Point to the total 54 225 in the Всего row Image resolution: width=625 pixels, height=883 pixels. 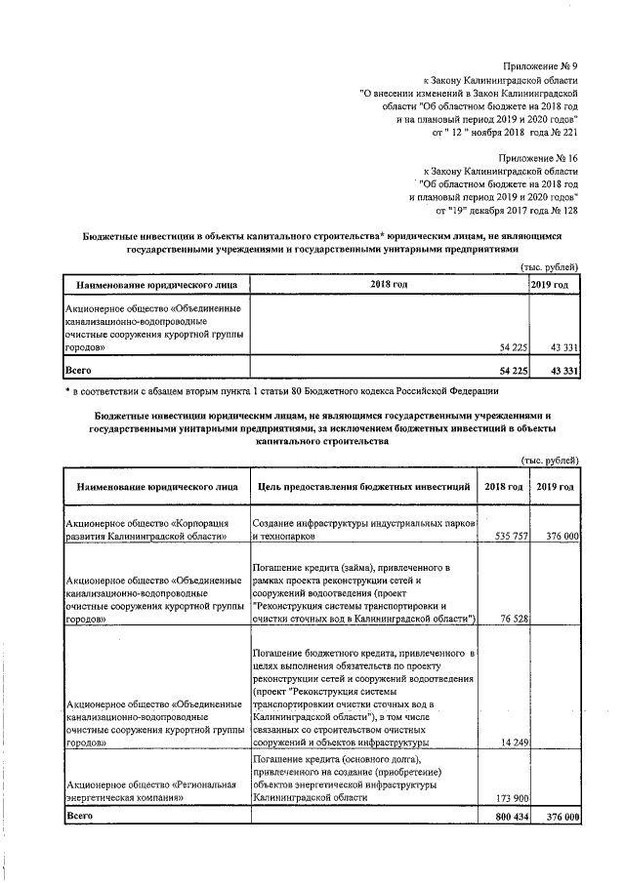pyautogui.click(x=512, y=371)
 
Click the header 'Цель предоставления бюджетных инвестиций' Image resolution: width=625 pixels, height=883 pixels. pyautogui.click(x=361, y=486)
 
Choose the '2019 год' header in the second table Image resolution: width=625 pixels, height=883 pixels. pyautogui.click(x=555, y=486)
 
